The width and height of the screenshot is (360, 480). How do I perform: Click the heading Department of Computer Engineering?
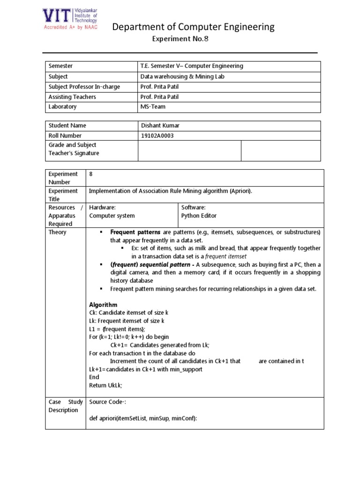click(194, 27)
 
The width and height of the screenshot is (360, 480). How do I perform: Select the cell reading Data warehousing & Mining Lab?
click(181, 76)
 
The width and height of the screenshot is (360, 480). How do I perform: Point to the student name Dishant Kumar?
click(160, 126)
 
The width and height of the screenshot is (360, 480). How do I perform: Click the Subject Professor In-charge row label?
click(84, 87)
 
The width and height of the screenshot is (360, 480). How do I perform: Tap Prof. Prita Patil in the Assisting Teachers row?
click(160, 97)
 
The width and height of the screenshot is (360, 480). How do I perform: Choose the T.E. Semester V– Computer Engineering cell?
click(192, 66)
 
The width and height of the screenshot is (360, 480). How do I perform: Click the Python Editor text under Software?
click(199, 216)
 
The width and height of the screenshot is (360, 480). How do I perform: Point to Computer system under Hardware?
click(112, 216)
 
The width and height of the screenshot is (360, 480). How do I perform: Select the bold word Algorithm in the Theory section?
click(103, 305)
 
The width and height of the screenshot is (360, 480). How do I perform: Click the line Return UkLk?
click(105, 385)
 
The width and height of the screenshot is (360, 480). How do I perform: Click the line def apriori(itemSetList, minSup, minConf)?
click(143, 418)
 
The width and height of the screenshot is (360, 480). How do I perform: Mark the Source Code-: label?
click(107, 402)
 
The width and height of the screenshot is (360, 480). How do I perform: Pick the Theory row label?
click(57, 232)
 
